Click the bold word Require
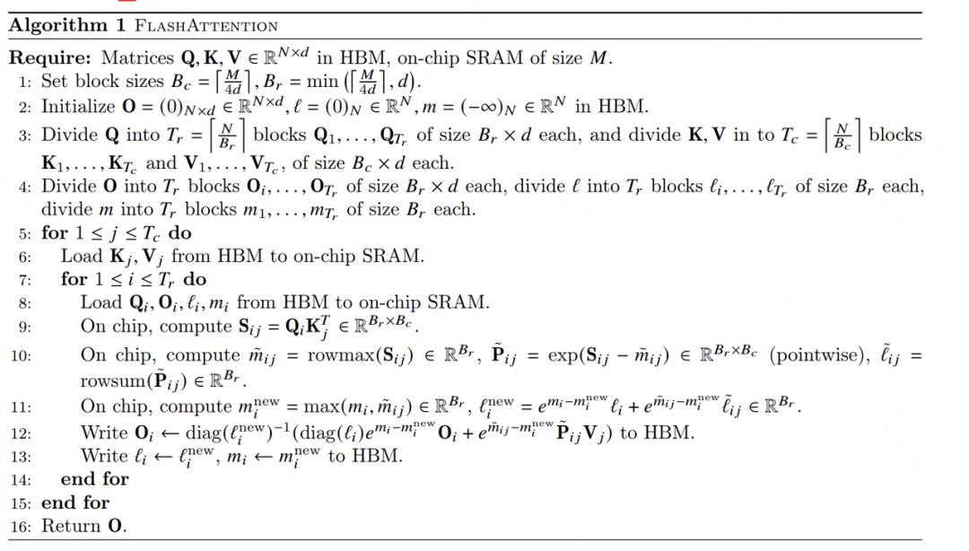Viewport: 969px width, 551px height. coord(47,60)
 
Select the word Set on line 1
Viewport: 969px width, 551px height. coord(56,83)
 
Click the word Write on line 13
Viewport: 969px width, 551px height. coord(104,456)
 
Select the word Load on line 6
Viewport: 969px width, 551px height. coord(82,257)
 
